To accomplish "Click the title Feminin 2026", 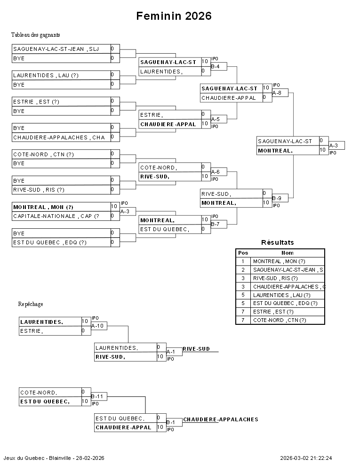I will coord(174,16).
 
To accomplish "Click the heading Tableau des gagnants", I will coord(36,35).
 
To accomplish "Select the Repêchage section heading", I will coord(31,304).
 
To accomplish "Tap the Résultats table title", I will coord(277,242).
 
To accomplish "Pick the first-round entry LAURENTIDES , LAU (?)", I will coord(46,75).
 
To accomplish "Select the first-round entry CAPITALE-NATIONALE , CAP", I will coord(56,216).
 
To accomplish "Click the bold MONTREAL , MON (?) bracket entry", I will coord(43,207).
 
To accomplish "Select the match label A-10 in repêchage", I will coord(97,325).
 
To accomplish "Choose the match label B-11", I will coord(97,396).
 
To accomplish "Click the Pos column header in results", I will coord(243,253).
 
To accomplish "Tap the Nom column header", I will coord(287,253).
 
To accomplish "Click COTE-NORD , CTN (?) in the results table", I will coord(280,320).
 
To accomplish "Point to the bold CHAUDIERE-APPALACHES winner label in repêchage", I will coord(220,419).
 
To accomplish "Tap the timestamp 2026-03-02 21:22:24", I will coord(306,458).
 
